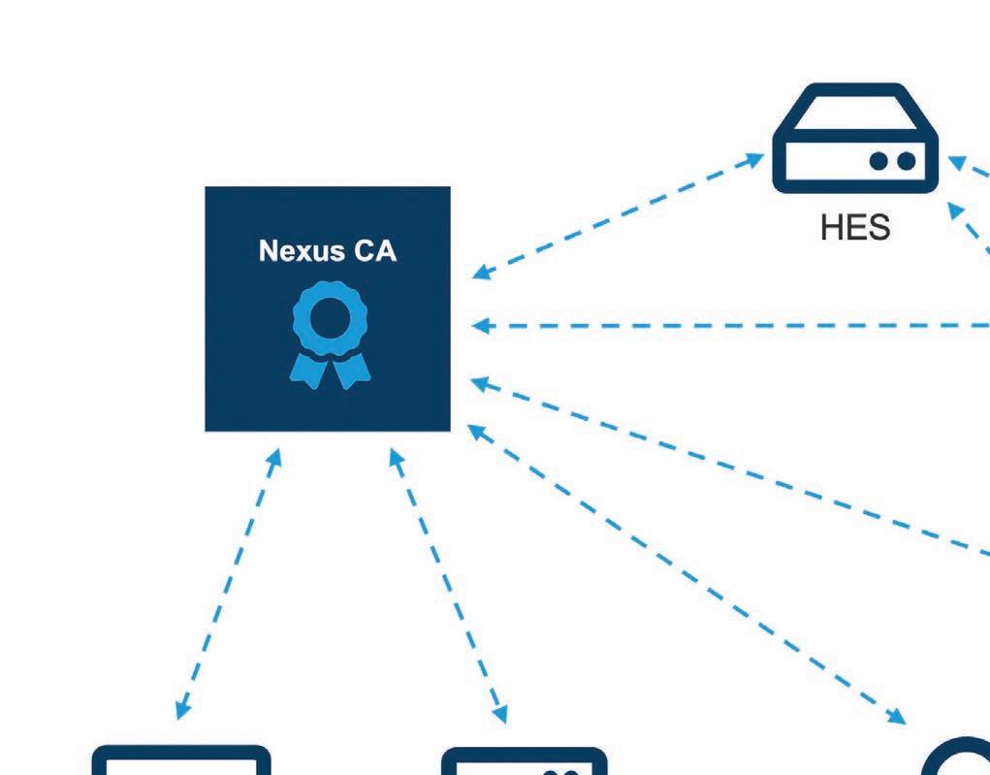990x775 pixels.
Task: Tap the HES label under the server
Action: pos(855,229)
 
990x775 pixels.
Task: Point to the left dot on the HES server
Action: pos(878,162)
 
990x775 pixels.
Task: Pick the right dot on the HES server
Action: pos(906,162)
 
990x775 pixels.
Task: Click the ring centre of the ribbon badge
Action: pos(329,317)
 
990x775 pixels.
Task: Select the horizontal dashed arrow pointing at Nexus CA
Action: pos(727,326)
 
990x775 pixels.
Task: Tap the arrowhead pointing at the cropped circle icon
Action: pos(896,717)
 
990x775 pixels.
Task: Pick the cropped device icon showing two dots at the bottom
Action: pos(525,761)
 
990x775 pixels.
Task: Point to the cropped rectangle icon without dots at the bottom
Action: pos(181,760)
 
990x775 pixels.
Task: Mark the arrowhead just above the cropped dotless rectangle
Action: pos(181,710)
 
